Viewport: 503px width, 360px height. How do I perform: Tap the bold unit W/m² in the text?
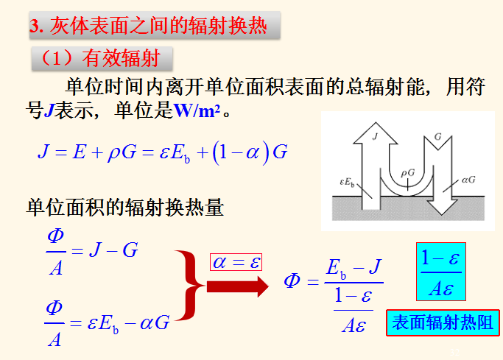coord(201,112)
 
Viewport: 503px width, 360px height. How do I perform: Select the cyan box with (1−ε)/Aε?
coord(440,270)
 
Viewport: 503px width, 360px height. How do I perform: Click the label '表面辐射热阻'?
coord(442,322)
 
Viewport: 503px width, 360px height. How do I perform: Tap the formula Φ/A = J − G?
coord(91,250)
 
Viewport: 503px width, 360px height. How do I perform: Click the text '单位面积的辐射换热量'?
coord(124,208)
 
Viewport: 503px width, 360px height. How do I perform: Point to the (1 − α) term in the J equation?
coord(239,152)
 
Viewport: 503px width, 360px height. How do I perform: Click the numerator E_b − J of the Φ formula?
coord(353,267)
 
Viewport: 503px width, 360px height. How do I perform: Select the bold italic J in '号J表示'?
coord(49,112)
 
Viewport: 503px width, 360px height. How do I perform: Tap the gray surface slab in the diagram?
coord(405,210)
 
